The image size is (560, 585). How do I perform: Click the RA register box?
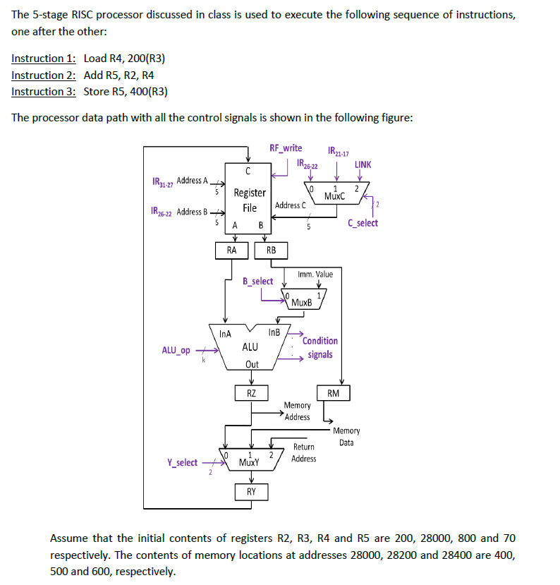pos(231,250)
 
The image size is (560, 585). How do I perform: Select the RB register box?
pos(272,250)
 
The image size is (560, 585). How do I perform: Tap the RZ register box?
pos(251,393)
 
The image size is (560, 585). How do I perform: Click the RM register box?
pos(334,393)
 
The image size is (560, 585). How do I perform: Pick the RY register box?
pos(251,491)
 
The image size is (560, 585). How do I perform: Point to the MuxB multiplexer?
pos(302,299)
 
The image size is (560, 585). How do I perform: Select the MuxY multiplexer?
pos(249,459)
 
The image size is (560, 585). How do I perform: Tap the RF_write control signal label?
pos(286,148)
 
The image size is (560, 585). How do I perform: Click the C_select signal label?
pos(363,223)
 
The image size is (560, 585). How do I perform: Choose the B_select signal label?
pos(257,281)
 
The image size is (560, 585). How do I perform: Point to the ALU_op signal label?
pos(176,350)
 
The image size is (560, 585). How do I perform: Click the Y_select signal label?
pos(182,463)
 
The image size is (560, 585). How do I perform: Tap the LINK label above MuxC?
pos(363,164)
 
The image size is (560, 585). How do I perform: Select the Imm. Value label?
pos(315,274)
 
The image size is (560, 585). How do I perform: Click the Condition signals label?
pos(320,347)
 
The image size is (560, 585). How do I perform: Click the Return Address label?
pos(304,452)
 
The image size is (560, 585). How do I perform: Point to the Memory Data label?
pos(346,436)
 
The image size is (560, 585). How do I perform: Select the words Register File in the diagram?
pos(250,200)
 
